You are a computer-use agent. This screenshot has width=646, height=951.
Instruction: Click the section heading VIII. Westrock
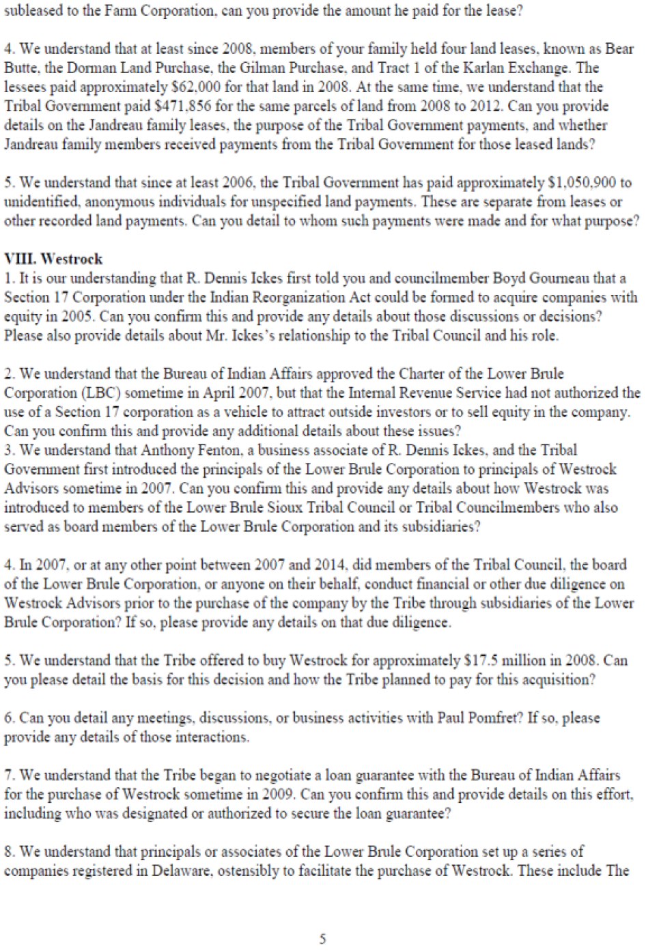pyautogui.click(x=53, y=259)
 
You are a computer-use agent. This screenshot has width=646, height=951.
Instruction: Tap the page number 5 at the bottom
pyautogui.click(x=322, y=939)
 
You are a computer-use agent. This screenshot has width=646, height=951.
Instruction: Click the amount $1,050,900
pyautogui.click(x=584, y=182)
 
